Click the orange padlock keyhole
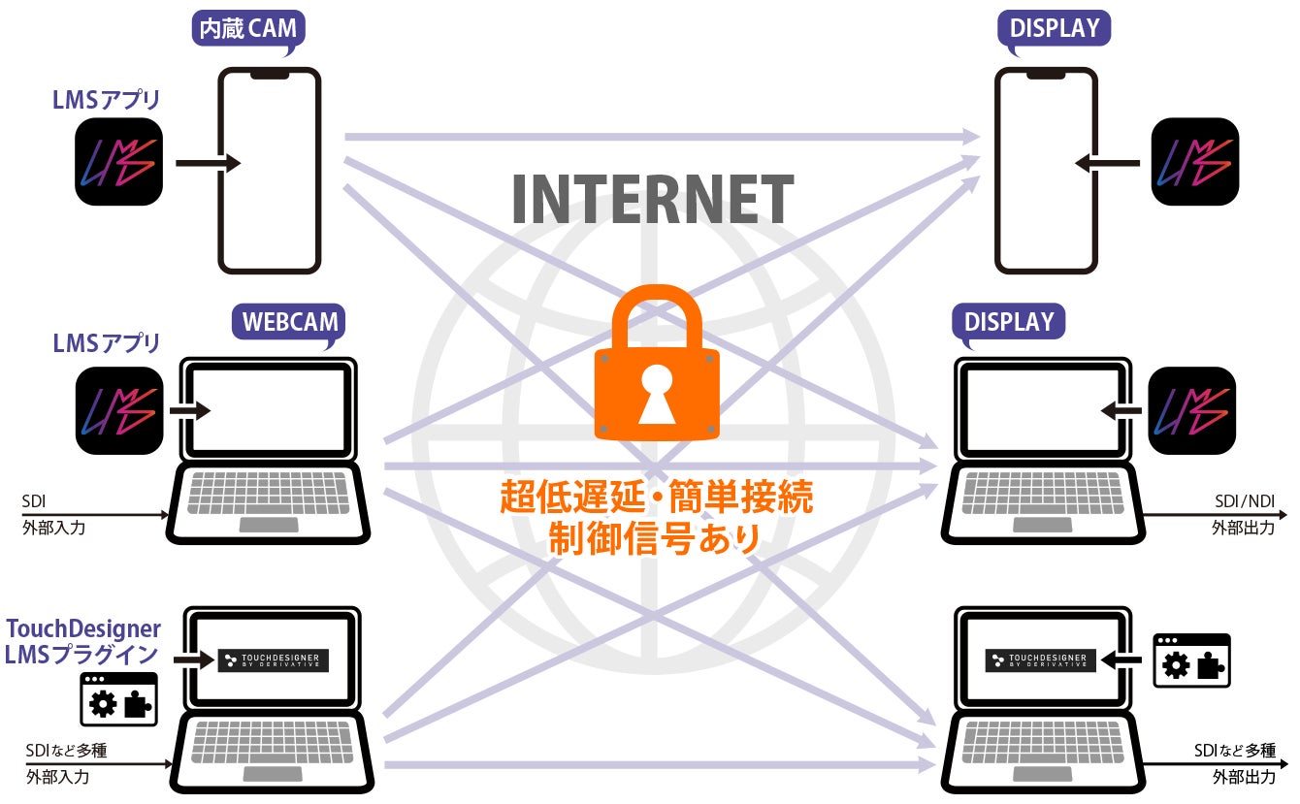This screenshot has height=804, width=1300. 656,392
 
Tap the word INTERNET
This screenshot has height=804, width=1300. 652,199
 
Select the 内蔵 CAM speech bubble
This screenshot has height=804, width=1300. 248,28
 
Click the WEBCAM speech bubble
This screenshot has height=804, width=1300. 288,321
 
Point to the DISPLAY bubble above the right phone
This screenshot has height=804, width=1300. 1054,28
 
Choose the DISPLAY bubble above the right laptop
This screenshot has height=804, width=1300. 1009,321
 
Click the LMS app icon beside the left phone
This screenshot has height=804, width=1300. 118,161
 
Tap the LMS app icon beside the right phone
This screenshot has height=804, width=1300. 1194,161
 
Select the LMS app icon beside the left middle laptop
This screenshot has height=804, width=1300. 118,410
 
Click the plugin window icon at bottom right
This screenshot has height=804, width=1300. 1191,660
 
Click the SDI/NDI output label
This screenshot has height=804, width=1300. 1245,501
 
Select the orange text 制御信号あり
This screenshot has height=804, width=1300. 655,538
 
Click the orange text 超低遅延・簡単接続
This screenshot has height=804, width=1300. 656,498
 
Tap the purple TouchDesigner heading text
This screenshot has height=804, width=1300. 83,629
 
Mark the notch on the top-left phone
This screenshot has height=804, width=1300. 269,74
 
